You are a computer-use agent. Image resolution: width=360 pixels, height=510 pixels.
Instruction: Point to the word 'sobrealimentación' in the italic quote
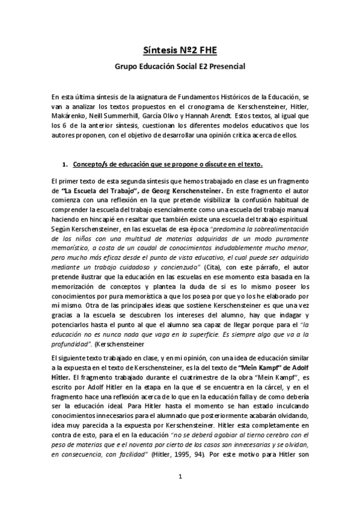tap(278, 229)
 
